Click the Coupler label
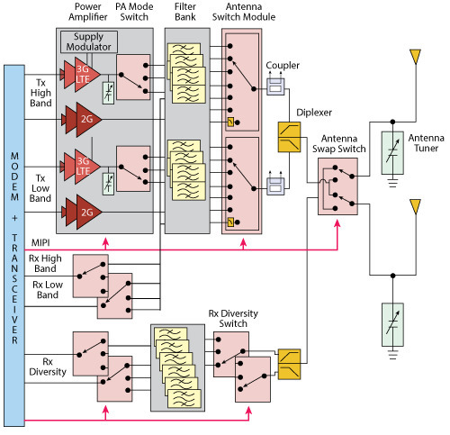click(x=283, y=66)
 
